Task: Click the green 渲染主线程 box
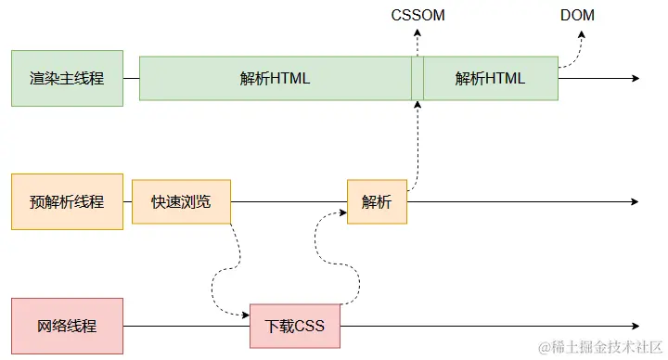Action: point(66,78)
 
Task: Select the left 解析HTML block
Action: point(275,78)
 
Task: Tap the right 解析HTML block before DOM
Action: point(490,78)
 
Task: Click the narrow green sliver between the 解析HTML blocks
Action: point(417,78)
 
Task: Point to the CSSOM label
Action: point(417,16)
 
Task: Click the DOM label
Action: point(577,16)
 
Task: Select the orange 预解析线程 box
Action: point(66,201)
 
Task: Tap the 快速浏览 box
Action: point(181,201)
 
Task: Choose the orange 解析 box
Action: point(377,201)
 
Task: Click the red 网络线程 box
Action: point(66,326)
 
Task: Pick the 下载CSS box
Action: point(295,326)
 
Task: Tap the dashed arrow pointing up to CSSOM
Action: point(417,42)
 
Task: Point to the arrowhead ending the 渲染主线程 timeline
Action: point(635,78)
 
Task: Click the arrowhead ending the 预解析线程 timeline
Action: point(635,201)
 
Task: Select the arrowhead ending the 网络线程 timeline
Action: point(635,326)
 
